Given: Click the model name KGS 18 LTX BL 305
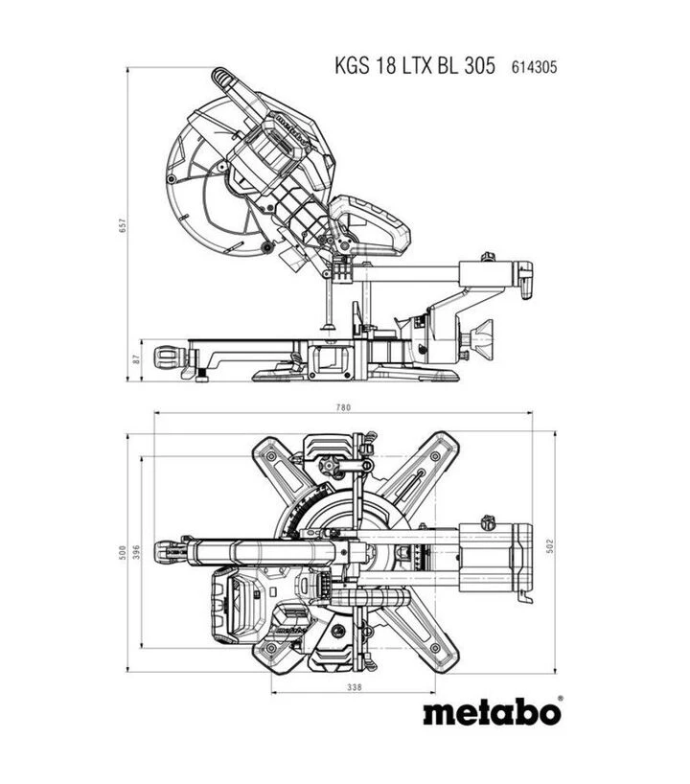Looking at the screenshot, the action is point(415,66).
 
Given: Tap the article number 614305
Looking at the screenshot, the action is point(534,67).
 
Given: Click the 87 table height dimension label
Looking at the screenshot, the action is point(137,359).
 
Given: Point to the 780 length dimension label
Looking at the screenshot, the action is point(343,407).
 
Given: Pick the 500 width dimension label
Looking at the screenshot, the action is point(123,552).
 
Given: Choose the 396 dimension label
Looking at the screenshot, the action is point(137,552).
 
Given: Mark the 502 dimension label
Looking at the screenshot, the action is point(550,546).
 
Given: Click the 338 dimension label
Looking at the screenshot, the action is point(354,687).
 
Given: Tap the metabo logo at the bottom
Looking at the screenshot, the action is point(492,712).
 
